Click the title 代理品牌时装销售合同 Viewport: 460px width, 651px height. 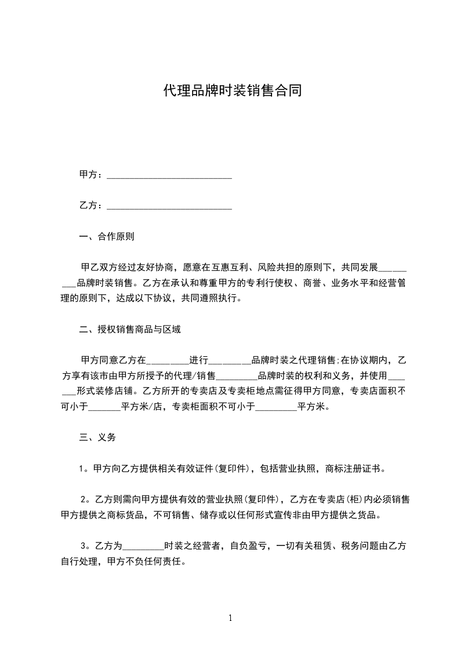(x=232, y=91)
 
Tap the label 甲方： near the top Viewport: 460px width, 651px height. (x=91, y=175)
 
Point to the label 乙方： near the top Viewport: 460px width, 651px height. (x=91, y=205)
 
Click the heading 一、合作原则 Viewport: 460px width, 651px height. (x=107, y=237)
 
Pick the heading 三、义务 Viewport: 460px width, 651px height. (x=97, y=437)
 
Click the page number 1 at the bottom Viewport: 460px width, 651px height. (x=230, y=618)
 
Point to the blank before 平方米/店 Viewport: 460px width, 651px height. (x=104, y=407)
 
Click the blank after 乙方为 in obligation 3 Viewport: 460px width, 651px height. (x=144, y=546)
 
